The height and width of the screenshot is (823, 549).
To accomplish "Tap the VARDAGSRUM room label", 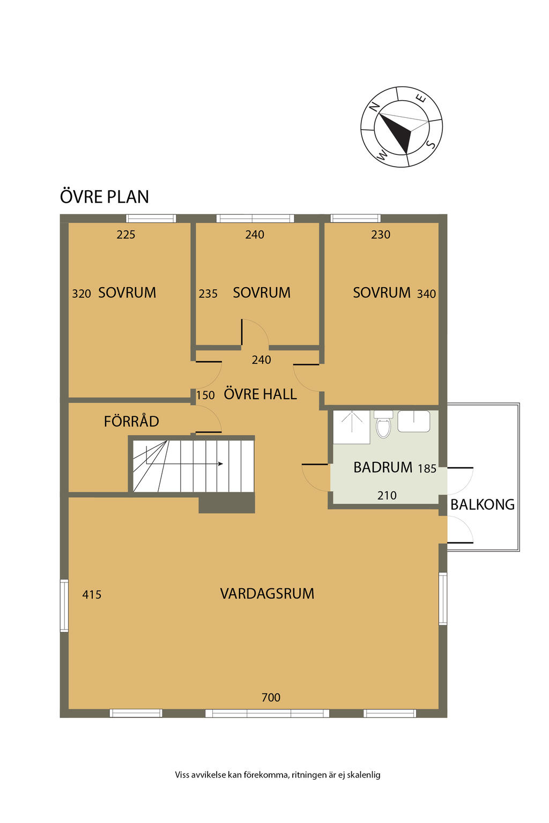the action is tap(267, 593).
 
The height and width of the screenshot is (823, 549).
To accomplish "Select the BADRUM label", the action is tap(383, 467).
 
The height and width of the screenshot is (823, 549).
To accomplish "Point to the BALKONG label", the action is tap(483, 504).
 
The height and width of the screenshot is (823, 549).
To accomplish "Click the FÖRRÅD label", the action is tap(131, 421).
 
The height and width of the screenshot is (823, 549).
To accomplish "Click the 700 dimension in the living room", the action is tap(271, 697).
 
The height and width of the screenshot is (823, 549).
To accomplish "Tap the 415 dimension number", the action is tap(92, 594).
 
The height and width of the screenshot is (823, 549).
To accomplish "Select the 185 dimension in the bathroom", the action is tap(427, 468).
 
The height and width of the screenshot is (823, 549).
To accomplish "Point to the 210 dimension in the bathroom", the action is tap(387, 496).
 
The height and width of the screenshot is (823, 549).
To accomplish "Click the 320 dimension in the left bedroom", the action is tap(81, 294).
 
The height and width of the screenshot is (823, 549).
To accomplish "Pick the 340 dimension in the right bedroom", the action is tap(427, 294).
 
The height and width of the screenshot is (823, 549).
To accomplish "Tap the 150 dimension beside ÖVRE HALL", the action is tap(205, 395).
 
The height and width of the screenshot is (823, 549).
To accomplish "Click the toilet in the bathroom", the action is tap(383, 424).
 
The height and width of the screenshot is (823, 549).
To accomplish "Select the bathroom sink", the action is tap(414, 421).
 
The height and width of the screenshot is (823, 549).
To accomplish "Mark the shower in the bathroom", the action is tap(351, 427).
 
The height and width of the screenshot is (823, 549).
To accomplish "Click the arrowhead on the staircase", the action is tap(221, 463).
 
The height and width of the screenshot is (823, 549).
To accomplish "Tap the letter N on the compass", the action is tap(374, 106).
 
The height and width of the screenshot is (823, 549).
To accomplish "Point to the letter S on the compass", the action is tap(431, 144).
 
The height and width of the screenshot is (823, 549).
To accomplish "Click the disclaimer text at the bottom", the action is tap(278, 775).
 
